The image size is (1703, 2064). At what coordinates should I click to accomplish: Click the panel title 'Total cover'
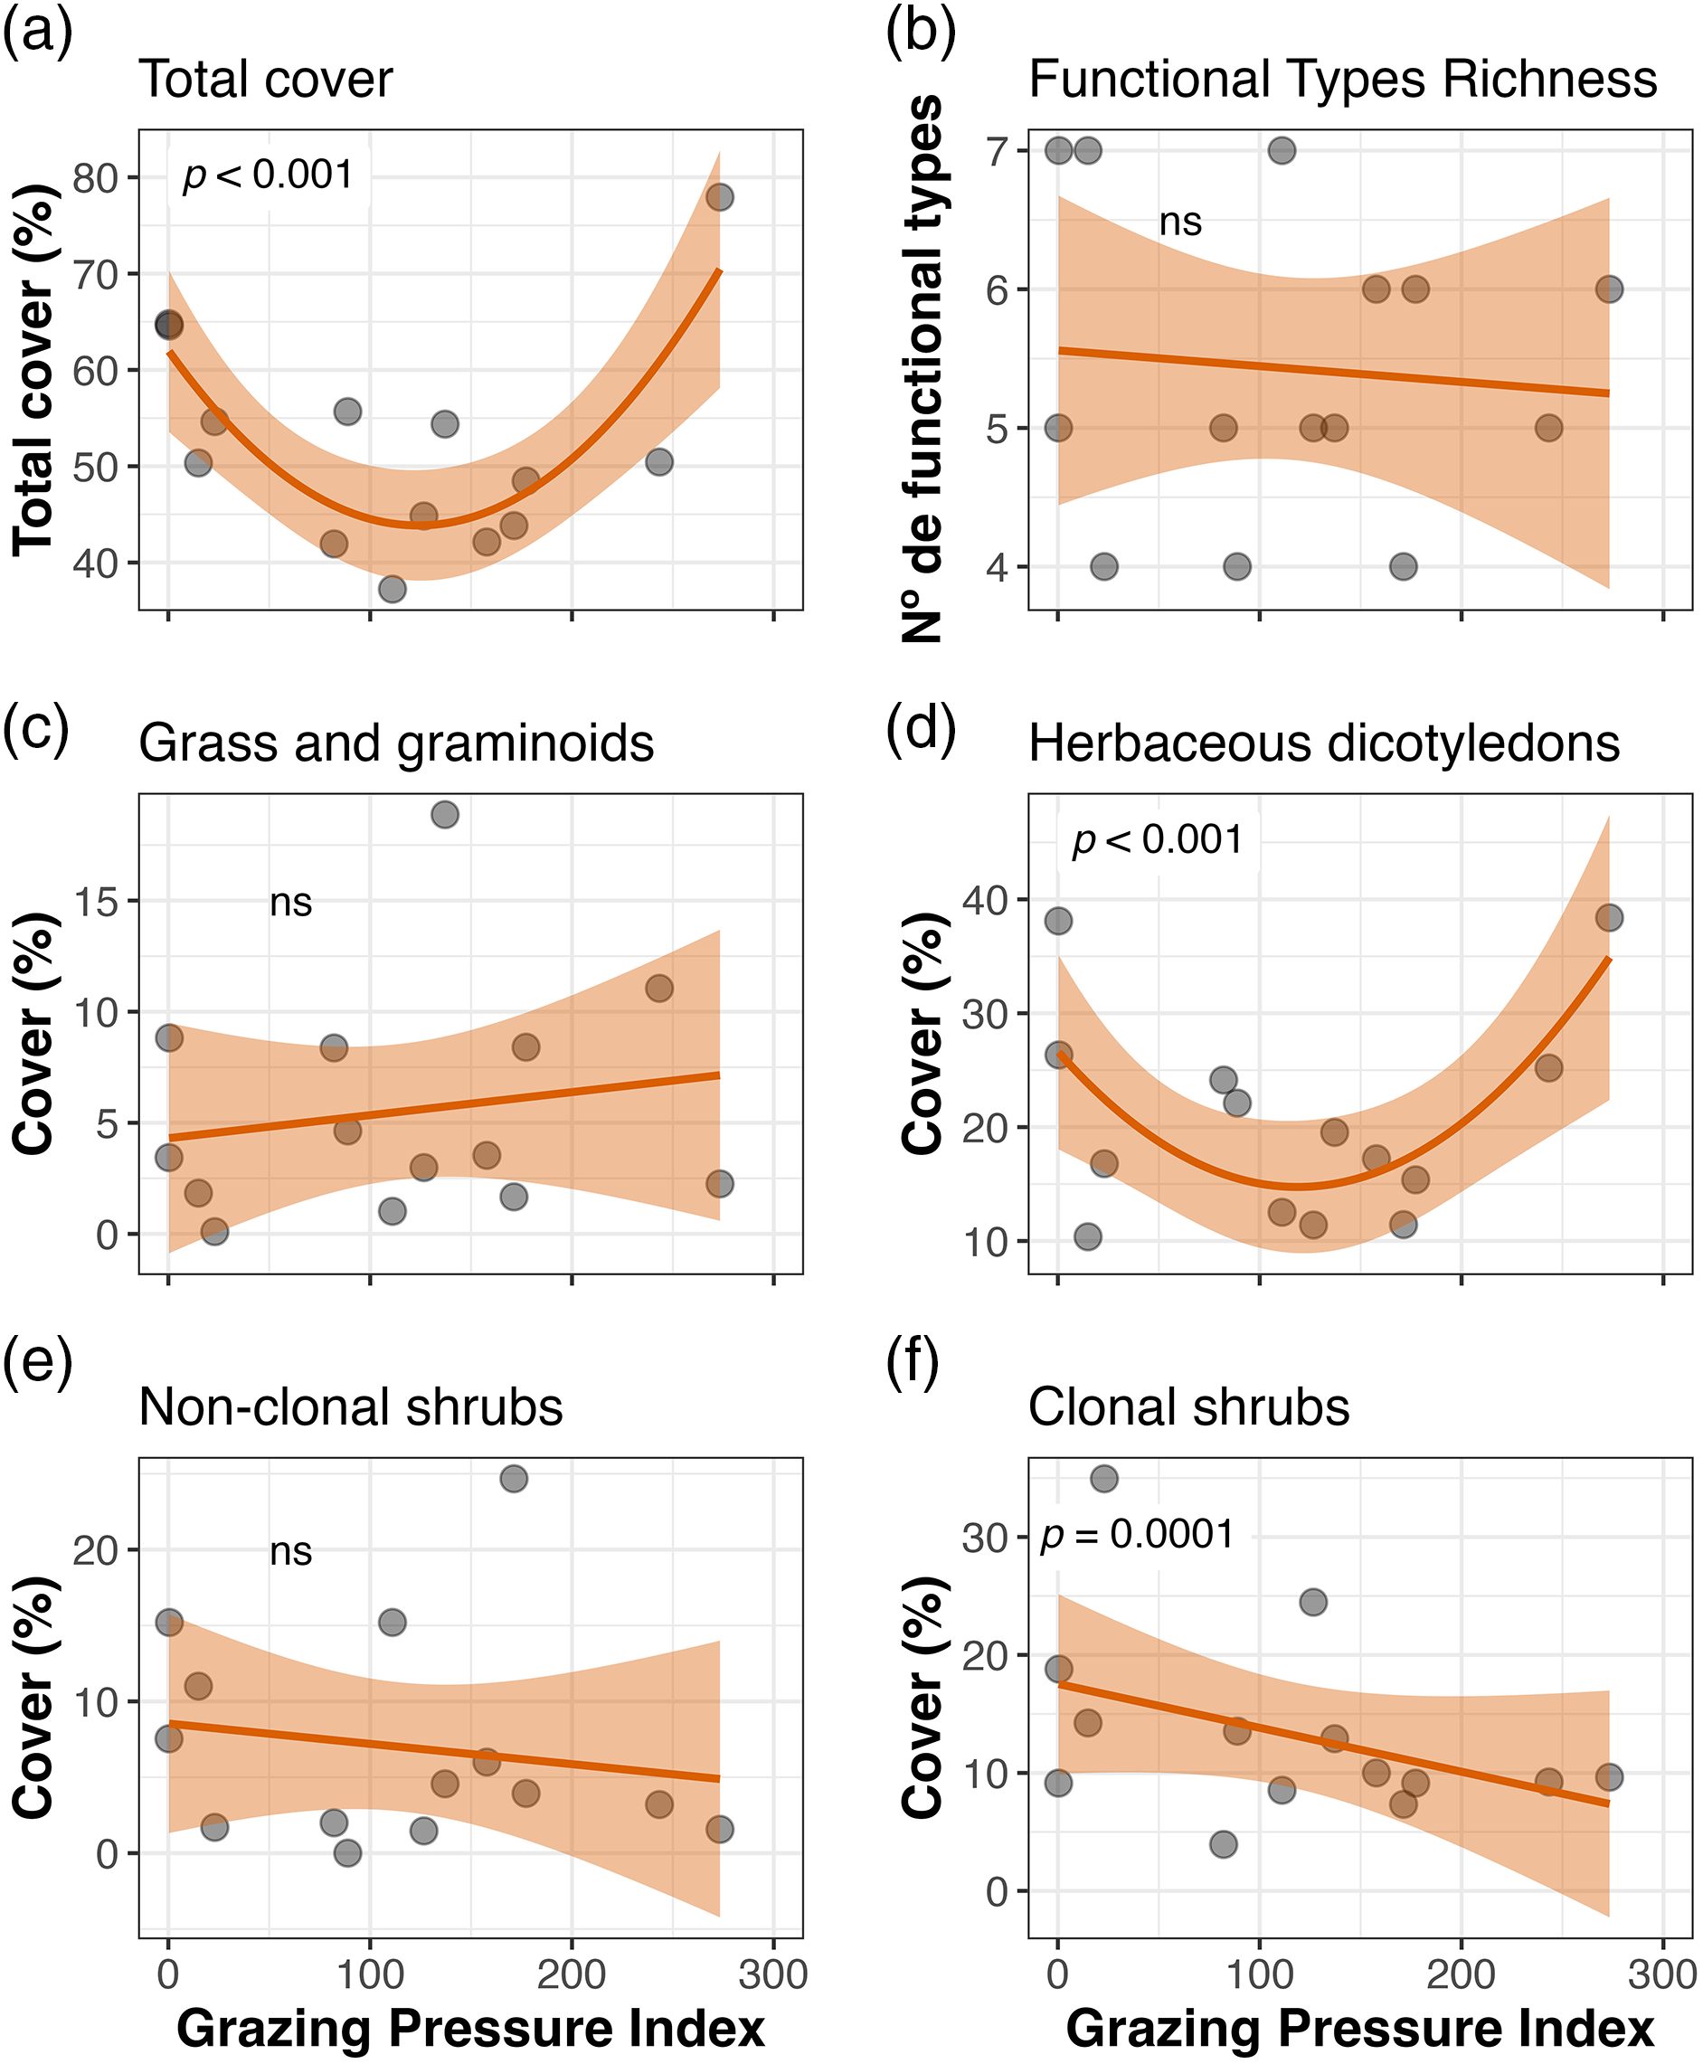click(266, 80)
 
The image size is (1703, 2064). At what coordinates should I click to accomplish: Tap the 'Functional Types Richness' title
click(1342, 80)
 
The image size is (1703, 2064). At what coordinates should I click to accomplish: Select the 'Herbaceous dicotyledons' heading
click(1323, 743)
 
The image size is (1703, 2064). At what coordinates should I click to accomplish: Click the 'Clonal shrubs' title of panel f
click(1188, 1407)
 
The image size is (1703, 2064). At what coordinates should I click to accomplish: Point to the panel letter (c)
click(37, 729)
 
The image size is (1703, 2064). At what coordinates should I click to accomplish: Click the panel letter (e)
click(37, 1363)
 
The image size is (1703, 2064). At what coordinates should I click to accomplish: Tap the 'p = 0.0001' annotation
click(1137, 1534)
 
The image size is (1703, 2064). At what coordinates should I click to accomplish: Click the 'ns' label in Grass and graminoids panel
click(290, 903)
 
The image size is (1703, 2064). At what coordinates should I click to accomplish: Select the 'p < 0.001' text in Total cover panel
click(268, 175)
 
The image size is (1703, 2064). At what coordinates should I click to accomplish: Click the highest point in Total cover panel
click(719, 197)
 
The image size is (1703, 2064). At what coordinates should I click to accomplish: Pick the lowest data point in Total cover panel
click(393, 589)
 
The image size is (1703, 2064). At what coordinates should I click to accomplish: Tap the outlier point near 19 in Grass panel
click(444, 814)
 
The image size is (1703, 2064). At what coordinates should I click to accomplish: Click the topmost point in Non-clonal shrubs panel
click(514, 1478)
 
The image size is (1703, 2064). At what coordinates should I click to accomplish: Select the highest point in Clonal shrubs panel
click(1103, 1478)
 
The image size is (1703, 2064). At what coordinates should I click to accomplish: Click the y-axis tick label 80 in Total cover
click(97, 179)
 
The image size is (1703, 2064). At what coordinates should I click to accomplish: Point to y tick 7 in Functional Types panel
click(997, 152)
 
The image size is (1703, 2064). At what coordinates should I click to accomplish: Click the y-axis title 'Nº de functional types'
click(922, 369)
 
